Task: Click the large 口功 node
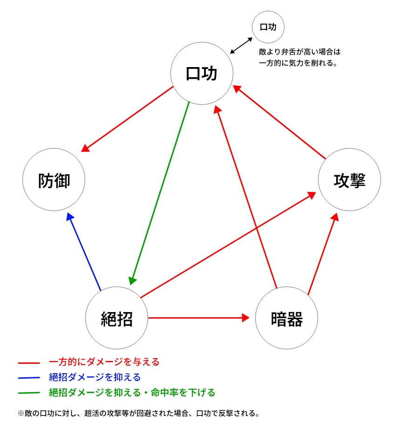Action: (202, 74)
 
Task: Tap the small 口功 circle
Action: (268, 27)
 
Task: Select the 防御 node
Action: (54, 180)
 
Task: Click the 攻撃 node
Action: (349, 180)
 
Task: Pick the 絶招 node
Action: (116, 318)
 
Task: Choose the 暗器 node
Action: (286, 318)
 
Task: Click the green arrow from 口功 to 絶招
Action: (159, 193)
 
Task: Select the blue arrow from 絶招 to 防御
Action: (84, 252)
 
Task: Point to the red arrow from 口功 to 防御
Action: (127, 119)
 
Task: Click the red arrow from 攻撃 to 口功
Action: (279, 122)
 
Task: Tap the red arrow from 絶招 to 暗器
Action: (199, 318)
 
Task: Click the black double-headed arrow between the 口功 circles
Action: (241, 46)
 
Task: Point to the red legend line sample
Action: (29, 363)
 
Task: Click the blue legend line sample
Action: (29, 378)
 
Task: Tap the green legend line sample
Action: (29, 393)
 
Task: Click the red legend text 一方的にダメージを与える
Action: (104, 362)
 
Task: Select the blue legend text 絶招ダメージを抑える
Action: (95, 377)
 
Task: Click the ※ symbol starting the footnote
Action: (21, 414)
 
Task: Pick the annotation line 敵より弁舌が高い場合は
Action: (300, 52)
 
